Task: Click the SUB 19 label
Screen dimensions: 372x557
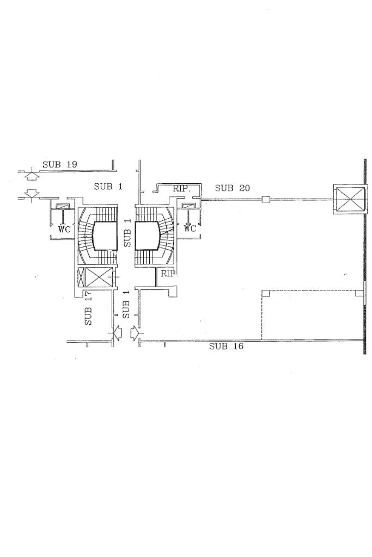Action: click(x=60, y=164)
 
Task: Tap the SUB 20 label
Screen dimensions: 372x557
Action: click(x=233, y=188)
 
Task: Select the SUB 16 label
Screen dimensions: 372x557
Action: click(x=227, y=346)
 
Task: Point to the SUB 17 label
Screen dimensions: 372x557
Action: click(x=88, y=308)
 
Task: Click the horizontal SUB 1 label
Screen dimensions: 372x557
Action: click(x=108, y=187)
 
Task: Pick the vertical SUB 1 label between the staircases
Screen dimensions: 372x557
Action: click(x=127, y=233)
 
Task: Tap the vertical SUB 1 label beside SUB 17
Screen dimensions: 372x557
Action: click(x=126, y=305)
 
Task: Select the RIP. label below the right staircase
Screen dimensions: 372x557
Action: click(x=169, y=274)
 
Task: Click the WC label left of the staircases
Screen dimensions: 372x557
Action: click(x=65, y=230)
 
